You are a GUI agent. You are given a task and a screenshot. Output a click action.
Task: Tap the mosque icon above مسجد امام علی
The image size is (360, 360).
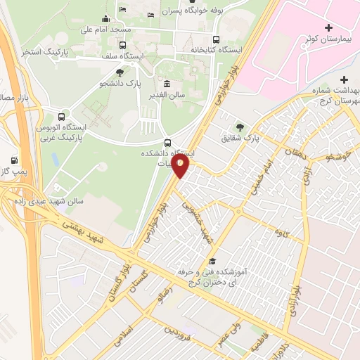[x=105, y=18]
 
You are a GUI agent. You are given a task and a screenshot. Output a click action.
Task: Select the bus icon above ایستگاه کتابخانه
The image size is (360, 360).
[x=215, y=39]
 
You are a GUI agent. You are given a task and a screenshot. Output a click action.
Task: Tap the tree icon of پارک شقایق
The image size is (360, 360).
[x=241, y=127]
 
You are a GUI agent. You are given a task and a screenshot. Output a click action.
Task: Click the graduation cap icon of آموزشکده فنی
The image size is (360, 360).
[x=212, y=261]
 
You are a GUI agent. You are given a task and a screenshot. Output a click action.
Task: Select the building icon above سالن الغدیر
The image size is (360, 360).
[x=166, y=84]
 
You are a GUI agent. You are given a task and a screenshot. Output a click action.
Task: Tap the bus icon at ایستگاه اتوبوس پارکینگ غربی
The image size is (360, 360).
[x=62, y=117]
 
